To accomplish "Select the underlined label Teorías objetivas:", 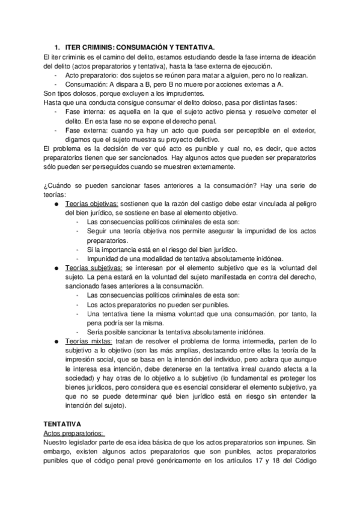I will [x=92, y=204].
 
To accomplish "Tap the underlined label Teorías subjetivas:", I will [x=94, y=268].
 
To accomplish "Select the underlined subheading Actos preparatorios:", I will [x=74, y=433].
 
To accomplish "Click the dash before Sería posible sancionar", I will [x=79, y=331].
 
